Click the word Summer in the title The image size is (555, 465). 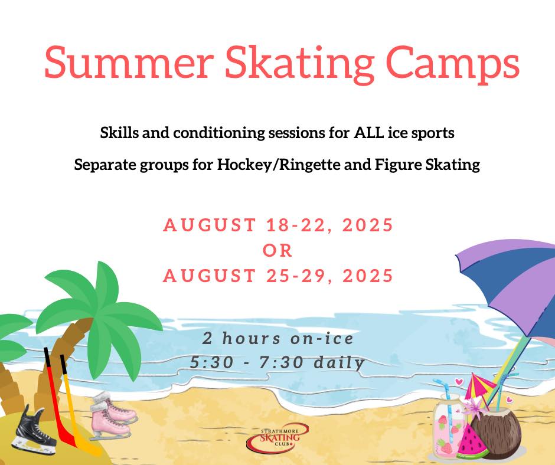(129, 63)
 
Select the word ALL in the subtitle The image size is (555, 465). (368, 133)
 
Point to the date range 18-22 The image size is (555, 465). (300, 225)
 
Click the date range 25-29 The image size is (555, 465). (300, 276)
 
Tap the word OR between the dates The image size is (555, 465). (277, 251)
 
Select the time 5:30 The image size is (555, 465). (211, 362)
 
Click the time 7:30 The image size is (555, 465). (282, 362)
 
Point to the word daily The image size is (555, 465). (339, 363)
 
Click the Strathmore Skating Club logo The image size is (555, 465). (278, 438)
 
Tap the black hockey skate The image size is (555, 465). (34, 430)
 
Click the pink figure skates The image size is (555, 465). (113, 416)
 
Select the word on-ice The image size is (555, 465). (322, 338)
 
